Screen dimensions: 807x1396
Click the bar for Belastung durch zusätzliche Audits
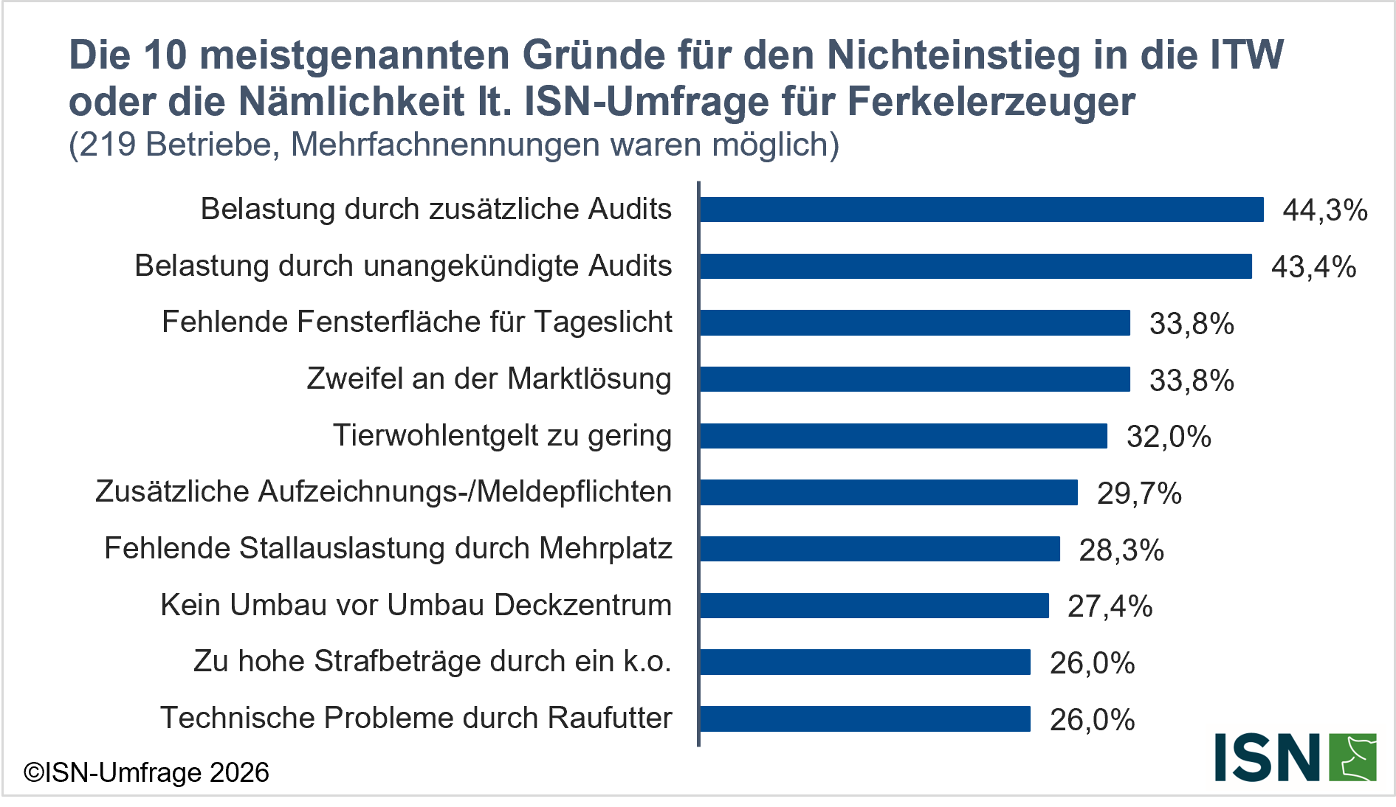point(981,209)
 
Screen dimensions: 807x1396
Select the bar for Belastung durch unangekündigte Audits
point(975,266)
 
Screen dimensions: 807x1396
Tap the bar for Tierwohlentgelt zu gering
point(903,436)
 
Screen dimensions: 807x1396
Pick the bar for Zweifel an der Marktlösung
point(915,379)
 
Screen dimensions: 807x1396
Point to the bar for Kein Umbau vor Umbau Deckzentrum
point(874,606)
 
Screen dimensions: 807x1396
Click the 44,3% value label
point(1324,210)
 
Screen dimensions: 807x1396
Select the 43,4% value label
point(1313,267)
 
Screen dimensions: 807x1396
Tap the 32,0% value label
point(1169,437)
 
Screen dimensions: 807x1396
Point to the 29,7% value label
point(1139,493)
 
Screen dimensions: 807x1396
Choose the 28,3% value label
point(1121,550)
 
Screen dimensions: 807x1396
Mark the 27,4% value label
point(1110,606)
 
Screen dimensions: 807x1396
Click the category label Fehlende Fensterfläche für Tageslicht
point(417,322)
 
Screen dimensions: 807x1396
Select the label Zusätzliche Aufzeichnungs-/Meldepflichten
point(383,492)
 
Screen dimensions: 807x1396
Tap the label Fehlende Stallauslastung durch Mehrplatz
point(388,549)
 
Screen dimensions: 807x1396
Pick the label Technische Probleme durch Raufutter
point(416,718)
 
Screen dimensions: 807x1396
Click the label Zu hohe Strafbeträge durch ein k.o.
point(433,662)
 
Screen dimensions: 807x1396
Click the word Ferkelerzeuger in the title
point(991,102)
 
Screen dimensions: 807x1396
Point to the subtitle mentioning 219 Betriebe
point(453,145)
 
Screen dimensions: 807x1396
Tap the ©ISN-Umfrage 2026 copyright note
point(146,772)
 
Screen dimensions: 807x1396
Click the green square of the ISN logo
point(1352,757)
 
